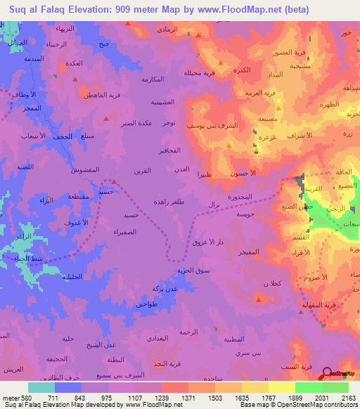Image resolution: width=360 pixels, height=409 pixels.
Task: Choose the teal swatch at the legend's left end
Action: click(x=41, y=387)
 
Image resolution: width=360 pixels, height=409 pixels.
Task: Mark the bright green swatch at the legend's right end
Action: click(x=335, y=387)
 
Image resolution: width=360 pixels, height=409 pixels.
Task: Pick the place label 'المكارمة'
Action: click(x=153, y=78)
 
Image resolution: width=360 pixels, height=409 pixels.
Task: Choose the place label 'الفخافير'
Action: click(x=171, y=151)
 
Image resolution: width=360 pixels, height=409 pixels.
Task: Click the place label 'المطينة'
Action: click(x=233, y=339)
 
